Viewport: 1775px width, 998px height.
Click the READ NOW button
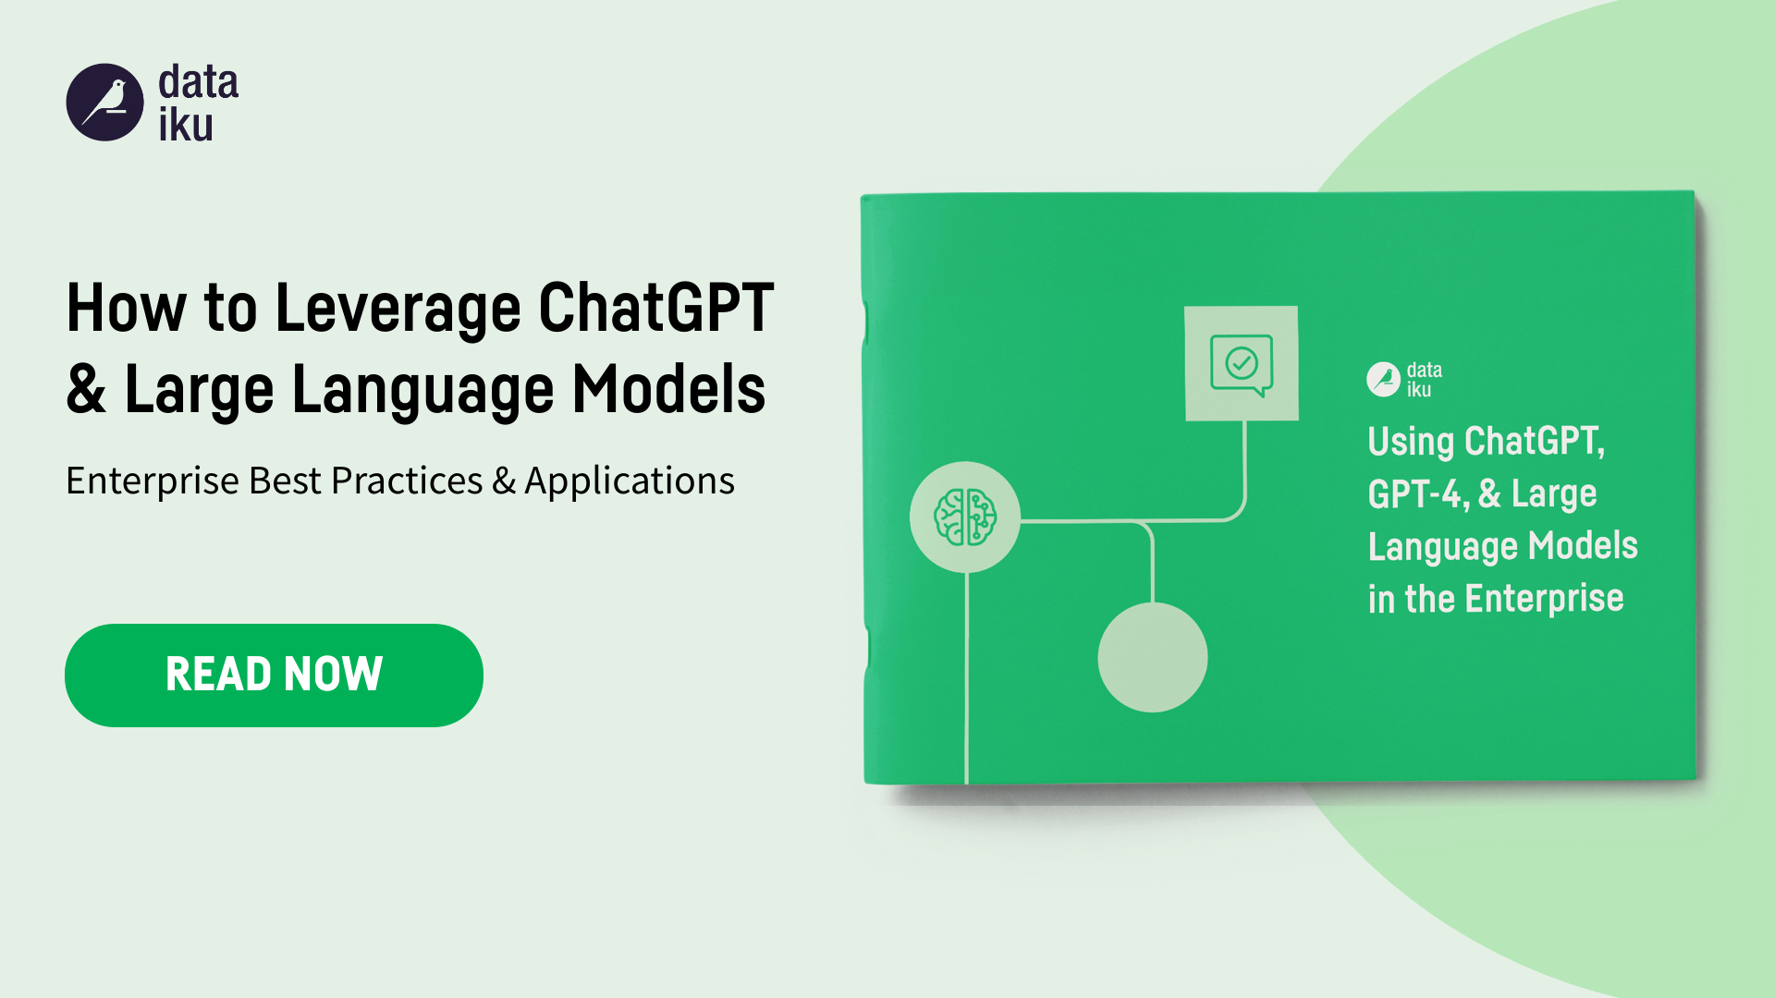pyautogui.click(x=274, y=675)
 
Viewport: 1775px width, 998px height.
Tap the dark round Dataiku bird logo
pyautogui.click(x=105, y=103)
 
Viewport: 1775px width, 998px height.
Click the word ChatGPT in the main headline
pyautogui.click(x=656, y=308)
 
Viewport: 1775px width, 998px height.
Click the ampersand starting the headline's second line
pyautogui.click(x=86, y=389)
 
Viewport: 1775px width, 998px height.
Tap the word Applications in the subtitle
pyautogui.click(x=630, y=481)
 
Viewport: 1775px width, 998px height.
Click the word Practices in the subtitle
pyautogui.click(x=408, y=481)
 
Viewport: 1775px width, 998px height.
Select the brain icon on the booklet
pyautogui.click(x=965, y=517)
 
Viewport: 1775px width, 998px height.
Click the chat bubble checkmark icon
pyautogui.click(x=1242, y=363)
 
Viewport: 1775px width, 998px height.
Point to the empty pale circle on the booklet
pyautogui.click(x=1153, y=657)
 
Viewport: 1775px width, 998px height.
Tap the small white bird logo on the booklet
pyautogui.click(x=1384, y=379)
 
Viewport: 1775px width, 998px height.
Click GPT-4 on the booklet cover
pyautogui.click(x=1418, y=494)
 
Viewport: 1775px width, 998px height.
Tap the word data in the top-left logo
pyautogui.click(x=199, y=82)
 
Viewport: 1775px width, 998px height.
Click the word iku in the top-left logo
pyautogui.click(x=186, y=125)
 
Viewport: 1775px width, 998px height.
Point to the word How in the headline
pyautogui.click(x=127, y=308)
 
